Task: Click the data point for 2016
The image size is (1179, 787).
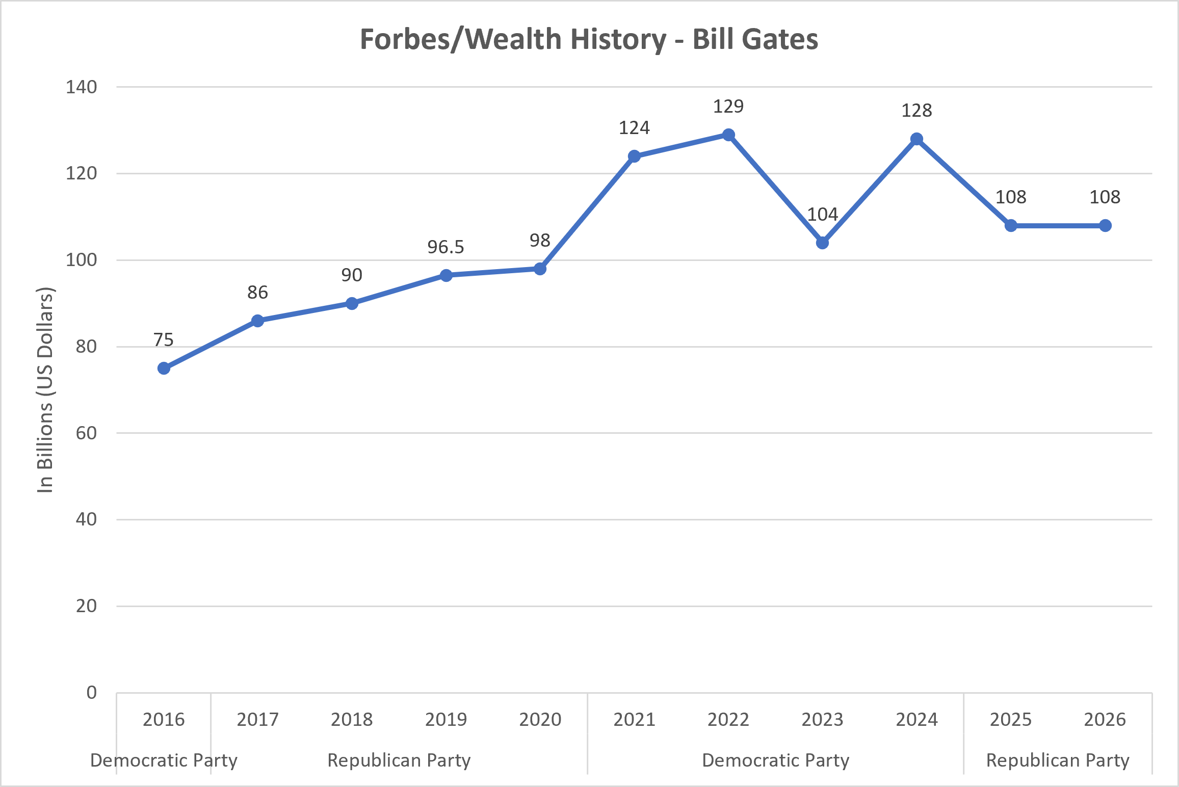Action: (164, 368)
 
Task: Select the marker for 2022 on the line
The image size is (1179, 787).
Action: (728, 135)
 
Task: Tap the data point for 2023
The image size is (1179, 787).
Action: (822, 243)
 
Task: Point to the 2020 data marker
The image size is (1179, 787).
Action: (540, 269)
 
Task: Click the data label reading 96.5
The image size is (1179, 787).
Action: (446, 247)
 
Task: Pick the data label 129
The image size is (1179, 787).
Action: (728, 107)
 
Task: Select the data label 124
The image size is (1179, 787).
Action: (634, 128)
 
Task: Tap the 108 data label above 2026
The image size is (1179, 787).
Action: (1105, 197)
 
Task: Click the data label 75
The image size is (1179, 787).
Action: (164, 340)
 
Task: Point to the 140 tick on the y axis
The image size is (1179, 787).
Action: (81, 87)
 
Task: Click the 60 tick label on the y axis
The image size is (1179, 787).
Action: (86, 433)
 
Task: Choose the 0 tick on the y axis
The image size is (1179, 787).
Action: (91, 693)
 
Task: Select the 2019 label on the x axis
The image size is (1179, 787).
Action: (446, 720)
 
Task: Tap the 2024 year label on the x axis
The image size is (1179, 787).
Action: (916, 720)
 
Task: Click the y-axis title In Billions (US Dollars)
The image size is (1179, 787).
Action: (45, 390)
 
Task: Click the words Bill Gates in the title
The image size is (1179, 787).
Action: (755, 39)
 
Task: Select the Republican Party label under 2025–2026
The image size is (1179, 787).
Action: (1058, 760)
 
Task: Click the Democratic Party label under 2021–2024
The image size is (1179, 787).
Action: (776, 760)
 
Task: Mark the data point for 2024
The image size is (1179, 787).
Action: (916, 139)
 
